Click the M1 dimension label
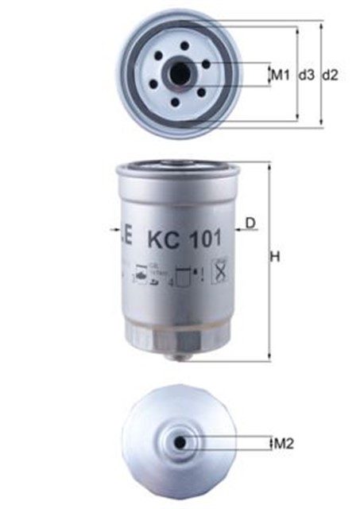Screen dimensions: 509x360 (279, 76)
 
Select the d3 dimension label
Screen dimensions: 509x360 (306, 76)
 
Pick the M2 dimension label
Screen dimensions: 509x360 (284, 444)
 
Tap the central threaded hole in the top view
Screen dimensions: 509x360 (180, 73)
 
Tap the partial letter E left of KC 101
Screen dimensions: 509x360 (125, 236)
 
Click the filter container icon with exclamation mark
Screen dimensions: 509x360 (184, 279)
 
